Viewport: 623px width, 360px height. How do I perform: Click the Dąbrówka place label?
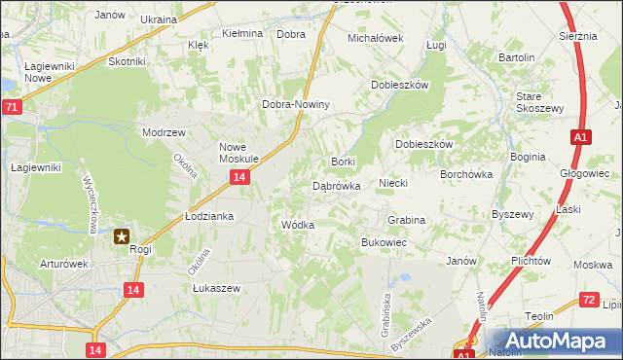(337, 185)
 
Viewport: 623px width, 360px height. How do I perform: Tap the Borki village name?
(343, 162)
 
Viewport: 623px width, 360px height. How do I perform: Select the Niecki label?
(392, 182)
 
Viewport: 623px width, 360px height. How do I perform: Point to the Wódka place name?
(297, 225)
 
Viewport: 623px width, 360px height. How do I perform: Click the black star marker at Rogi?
(123, 235)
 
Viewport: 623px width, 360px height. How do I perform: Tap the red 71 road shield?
(11, 107)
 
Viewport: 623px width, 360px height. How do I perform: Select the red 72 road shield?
(587, 301)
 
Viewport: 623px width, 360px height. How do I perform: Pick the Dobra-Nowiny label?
(297, 105)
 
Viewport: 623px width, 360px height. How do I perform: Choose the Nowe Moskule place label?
(238, 152)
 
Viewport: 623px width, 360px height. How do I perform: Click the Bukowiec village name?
(384, 241)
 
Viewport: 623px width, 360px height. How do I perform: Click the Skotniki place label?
(127, 61)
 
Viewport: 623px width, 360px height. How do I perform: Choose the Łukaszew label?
(216, 288)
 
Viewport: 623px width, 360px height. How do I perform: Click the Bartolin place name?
(517, 57)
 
